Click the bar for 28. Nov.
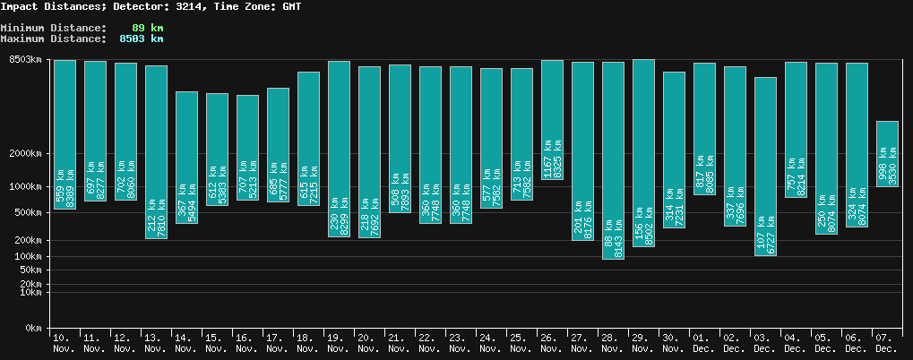[613, 159]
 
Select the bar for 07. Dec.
[887, 153]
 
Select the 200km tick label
[26, 241]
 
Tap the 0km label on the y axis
[32, 329]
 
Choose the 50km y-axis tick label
[29, 270]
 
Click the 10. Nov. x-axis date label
[65, 342]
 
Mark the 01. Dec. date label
[704, 342]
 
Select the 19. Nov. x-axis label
[339, 342]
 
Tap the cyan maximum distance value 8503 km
[141, 39]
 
